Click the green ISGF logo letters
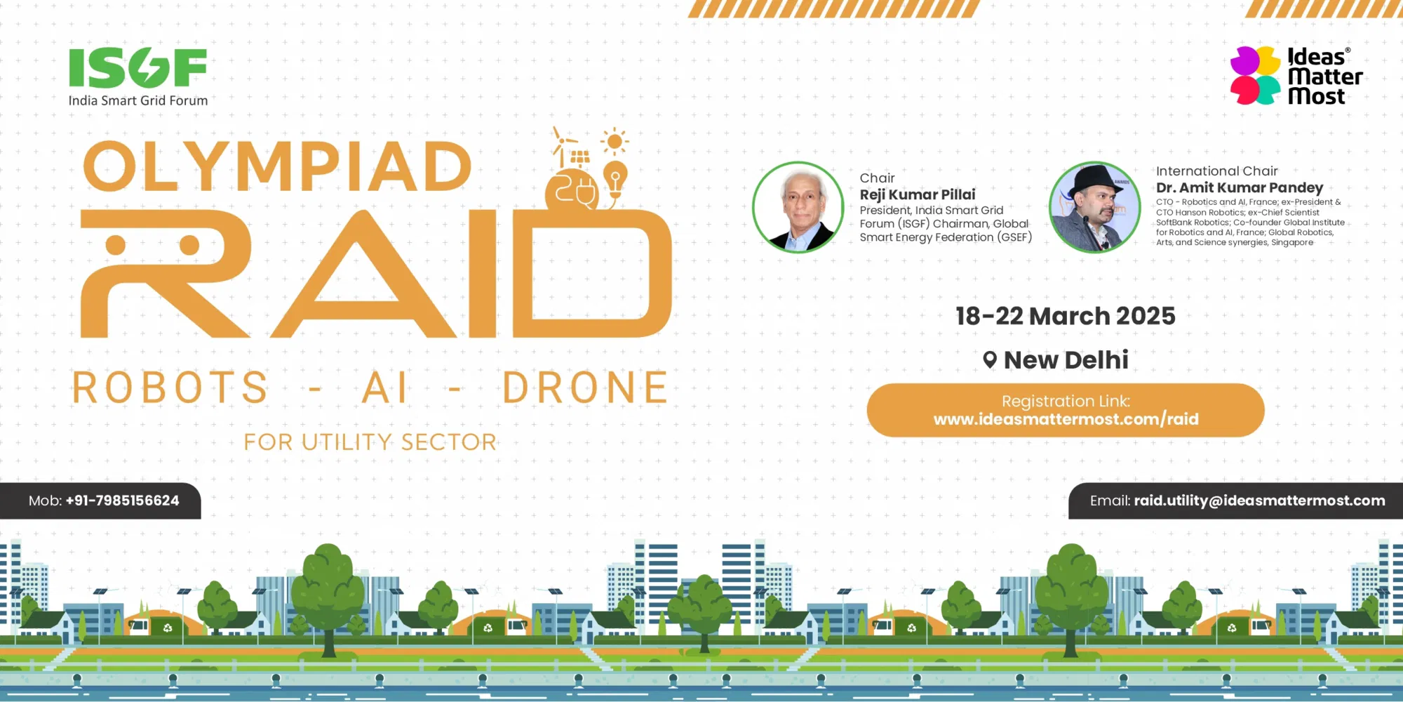[x=137, y=68]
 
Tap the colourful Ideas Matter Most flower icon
[x=1256, y=75]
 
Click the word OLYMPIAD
[x=278, y=166]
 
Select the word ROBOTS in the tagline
[x=170, y=388]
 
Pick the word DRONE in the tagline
[x=586, y=388]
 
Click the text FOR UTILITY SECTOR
[x=370, y=442]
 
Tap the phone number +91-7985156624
[x=122, y=501]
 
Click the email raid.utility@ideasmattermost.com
[x=1259, y=501]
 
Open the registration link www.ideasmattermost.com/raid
[x=1066, y=420]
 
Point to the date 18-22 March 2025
[x=1065, y=316]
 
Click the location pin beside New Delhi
[x=990, y=359]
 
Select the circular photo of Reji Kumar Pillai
[x=798, y=207]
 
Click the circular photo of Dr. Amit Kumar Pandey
[x=1094, y=207]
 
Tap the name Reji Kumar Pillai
[x=918, y=194]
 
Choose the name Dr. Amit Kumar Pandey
[x=1240, y=187]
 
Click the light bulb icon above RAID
[x=615, y=180]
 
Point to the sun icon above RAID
[x=615, y=142]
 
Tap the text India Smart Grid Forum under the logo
[x=138, y=100]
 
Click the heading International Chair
[x=1216, y=171]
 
